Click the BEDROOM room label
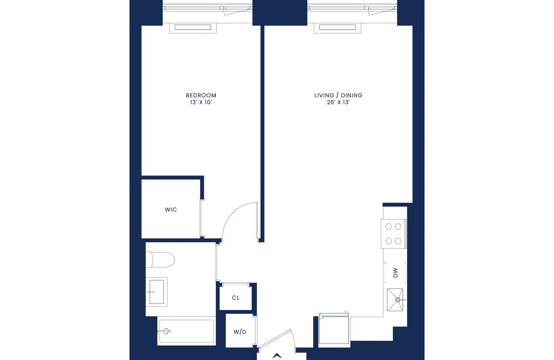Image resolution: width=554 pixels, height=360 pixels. click(x=201, y=95)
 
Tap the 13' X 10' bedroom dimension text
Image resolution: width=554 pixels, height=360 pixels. click(x=201, y=102)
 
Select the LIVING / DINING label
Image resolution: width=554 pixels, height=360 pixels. click(x=338, y=95)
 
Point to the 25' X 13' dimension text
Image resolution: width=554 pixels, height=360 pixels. click(x=338, y=102)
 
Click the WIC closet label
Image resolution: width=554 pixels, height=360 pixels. click(x=171, y=210)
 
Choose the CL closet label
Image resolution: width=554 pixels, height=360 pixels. click(x=236, y=298)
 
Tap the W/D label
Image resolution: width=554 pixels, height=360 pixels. click(x=240, y=332)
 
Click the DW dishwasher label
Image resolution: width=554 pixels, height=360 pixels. click(x=395, y=273)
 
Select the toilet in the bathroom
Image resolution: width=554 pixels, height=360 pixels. click(x=161, y=260)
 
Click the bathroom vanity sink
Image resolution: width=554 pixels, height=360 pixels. click(x=157, y=292)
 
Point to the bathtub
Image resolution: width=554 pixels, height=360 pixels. click(x=187, y=331)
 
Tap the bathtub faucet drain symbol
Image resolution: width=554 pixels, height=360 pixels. click(x=167, y=331)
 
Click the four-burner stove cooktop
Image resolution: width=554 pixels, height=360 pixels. click(x=394, y=234)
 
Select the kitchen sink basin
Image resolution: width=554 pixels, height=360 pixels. click(x=395, y=300)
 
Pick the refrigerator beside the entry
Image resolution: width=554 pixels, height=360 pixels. click(x=334, y=329)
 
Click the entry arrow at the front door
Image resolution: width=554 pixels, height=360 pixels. click(x=277, y=356)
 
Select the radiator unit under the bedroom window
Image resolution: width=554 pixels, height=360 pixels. click(x=193, y=28)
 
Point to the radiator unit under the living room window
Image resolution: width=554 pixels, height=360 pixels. click(x=337, y=28)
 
